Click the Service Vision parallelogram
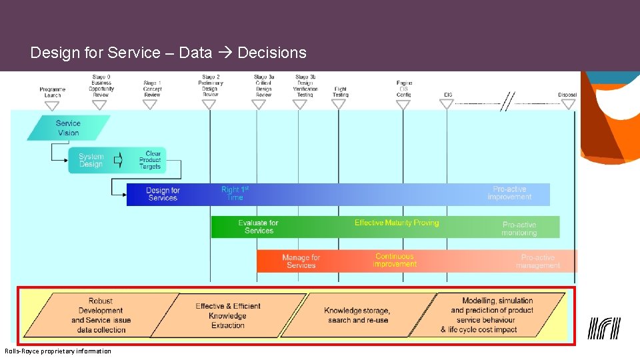click(68, 128)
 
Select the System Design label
click(91, 161)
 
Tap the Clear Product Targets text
click(150, 160)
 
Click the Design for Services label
click(163, 194)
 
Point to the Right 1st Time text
click(235, 193)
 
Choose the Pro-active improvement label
click(509, 193)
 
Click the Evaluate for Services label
click(259, 227)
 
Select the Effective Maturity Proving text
click(397, 223)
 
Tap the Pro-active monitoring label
click(519, 229)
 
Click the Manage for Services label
click(301, 261)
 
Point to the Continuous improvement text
click(395, 260)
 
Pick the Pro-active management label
click(538, 261)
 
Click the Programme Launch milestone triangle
click(53, 104)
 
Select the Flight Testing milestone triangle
click(340, 104)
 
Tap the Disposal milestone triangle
click(567, 104)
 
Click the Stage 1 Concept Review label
click(152, 89)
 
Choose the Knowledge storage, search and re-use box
click(358, 315)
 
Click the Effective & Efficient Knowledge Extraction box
click(228, 315)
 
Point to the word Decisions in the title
click(271, 53)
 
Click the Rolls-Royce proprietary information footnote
click(58, 351)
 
